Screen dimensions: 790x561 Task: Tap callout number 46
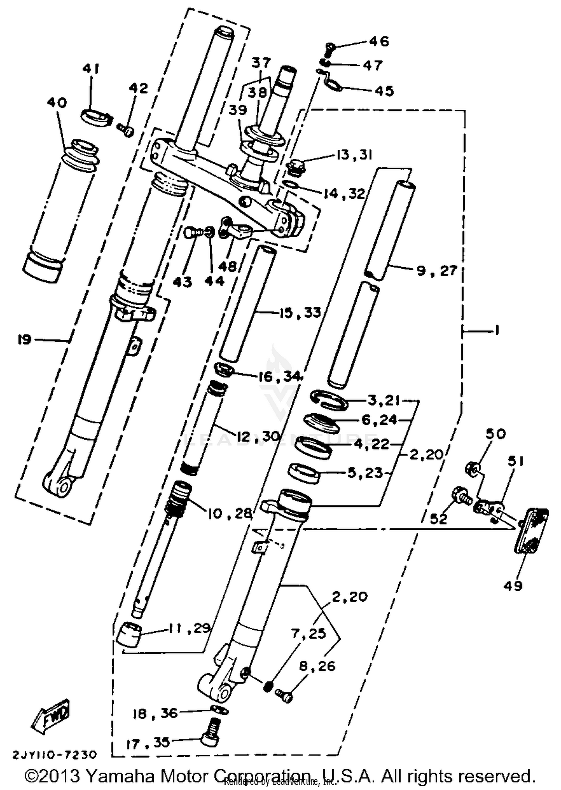pyautogui.click(x=379, y=41)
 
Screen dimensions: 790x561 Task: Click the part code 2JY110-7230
pyautogui.click(x=55, y=754)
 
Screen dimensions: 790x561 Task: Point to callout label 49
pyautogui.click(x=513, y=586)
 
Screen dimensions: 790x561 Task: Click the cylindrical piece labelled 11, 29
pyautogui.click(x=128, y=633)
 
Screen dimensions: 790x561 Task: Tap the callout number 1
pyautogui.click(x=497, y=330)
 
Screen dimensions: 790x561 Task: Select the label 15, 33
pyautogui.click(x=300, y=312)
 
